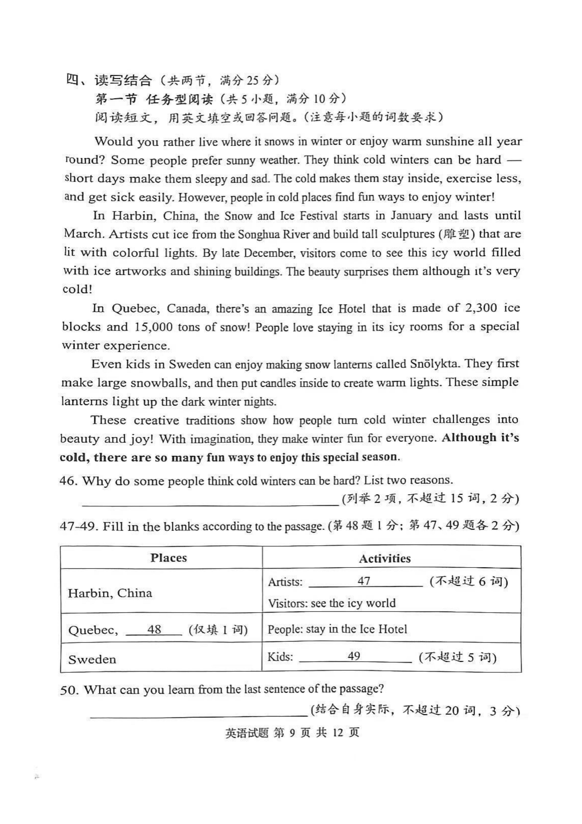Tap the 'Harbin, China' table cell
(110, 593)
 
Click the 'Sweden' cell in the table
(92, 659)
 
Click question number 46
(68, 481)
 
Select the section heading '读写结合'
(123, 80)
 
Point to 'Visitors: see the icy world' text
(332, 603)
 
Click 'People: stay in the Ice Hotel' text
(337, 629)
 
